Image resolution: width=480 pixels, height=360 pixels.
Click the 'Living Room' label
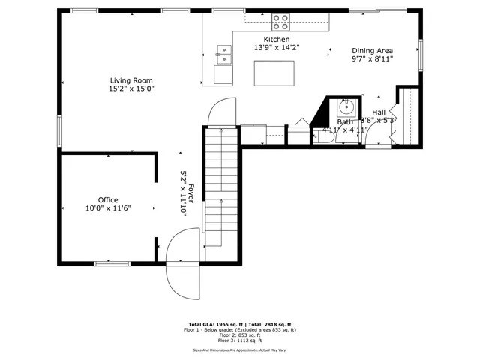tap(132, 80)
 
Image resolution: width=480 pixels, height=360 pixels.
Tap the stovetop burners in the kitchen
tap(280, 22)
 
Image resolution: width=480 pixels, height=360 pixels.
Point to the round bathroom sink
tap(346, 106)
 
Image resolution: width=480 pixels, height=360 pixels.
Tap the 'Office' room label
tap(108, 200)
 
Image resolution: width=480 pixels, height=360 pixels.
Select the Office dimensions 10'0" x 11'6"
tap(108, 209)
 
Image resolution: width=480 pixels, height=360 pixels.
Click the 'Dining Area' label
tap(373, 52)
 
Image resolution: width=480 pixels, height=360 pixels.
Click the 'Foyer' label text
tap(191, 194)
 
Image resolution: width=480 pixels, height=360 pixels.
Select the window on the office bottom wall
tap(112, 262)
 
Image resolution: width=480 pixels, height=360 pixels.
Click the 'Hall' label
tap(379, 112)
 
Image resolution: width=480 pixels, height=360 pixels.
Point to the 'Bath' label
tap(345, 121)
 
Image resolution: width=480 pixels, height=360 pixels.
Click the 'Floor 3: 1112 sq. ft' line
tap(240, 340)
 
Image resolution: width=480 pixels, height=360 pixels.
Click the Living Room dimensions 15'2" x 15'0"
tap(132, 88)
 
